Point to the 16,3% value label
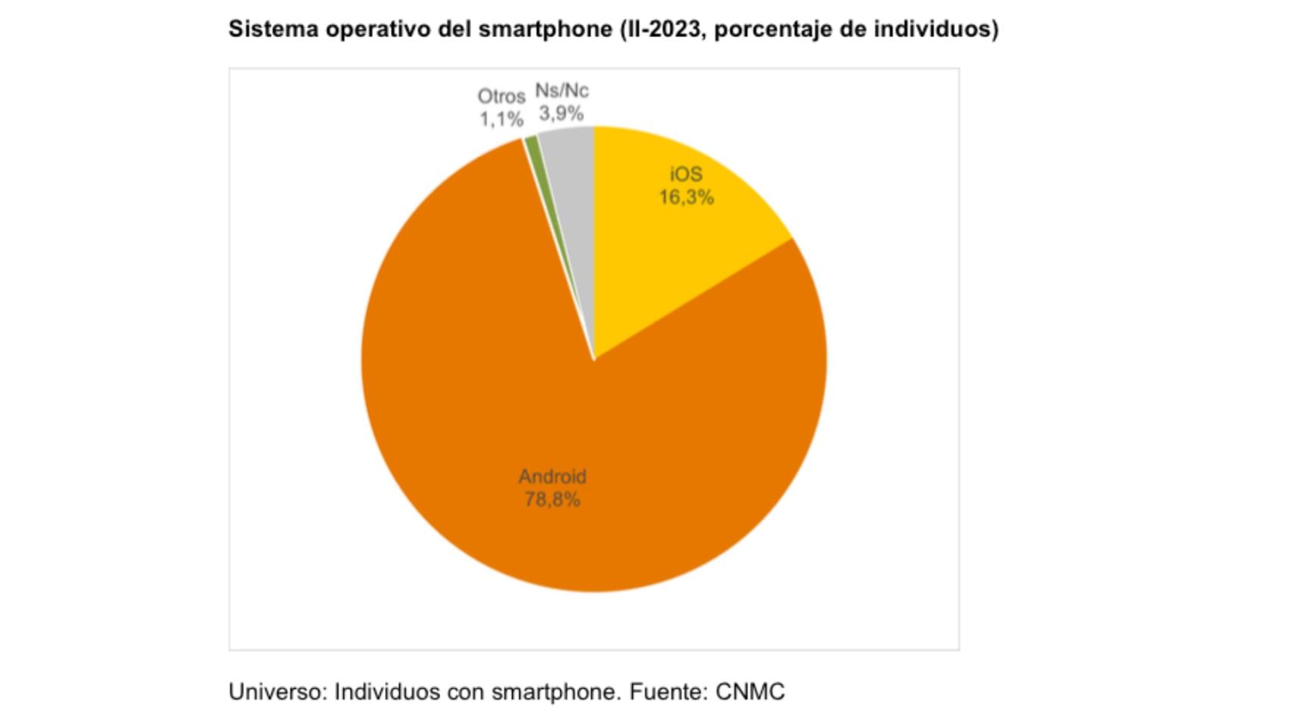tap(686, 197)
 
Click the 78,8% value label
tap(552, 500)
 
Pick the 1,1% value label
tap(501, 119)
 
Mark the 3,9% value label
tap(561, 113)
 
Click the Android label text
tap(552, 477)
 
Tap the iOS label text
tap(686, 175)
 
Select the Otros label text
tap(501, 97)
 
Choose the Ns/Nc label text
tap(561, 91)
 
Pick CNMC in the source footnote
tap(750, 692)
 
